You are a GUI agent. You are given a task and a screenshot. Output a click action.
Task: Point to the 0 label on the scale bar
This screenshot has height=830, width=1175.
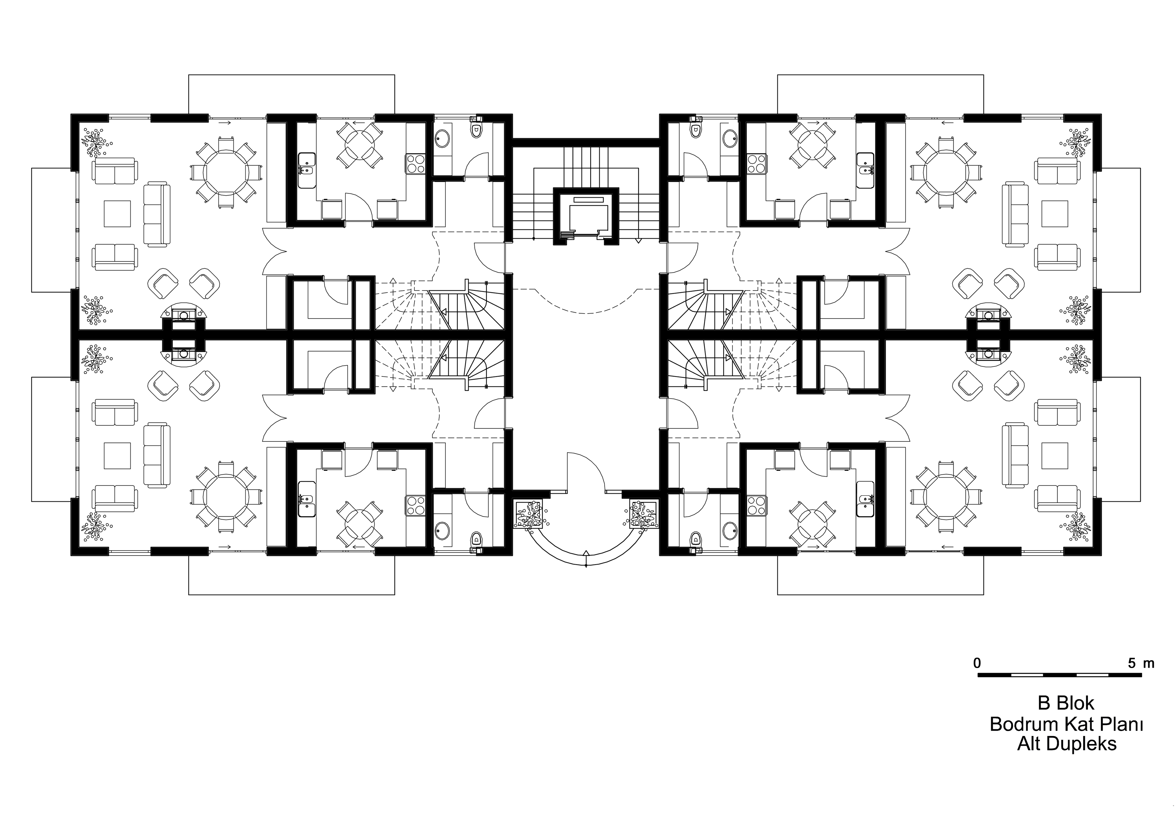pos(977,663)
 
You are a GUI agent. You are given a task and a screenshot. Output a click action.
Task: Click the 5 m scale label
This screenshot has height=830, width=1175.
pos(1141,663)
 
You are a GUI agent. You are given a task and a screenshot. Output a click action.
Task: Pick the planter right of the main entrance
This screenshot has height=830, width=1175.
pos(643,514)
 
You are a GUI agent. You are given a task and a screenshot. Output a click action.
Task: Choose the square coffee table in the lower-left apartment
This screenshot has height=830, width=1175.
pos(117,455)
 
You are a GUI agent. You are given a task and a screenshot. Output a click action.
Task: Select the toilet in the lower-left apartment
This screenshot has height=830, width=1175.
pos(476,539)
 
